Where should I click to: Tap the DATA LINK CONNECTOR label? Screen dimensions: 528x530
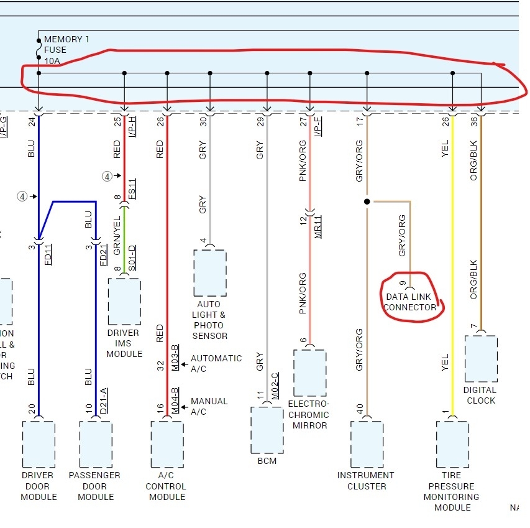pyautogui.click(x=410, y=302)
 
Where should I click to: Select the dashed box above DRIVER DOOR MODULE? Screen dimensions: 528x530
pyautogui.click(x=39, y=445)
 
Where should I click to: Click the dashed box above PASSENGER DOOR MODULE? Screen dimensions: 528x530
pyautogui.click(x=96, y=445)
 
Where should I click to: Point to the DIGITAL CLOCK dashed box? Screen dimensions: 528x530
pyautogui.click(x=480, y=359)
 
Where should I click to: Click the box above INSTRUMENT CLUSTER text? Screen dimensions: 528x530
pyautogui.click(x=367, y=445)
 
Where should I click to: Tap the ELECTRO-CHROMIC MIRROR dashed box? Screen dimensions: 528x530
pyautogui.click(x=309, y=373)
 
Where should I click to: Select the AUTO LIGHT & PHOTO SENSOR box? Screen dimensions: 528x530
pyautogui.click(x=210, y=273)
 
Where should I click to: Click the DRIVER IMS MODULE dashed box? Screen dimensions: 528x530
pyautogui.click(x=124, y=302)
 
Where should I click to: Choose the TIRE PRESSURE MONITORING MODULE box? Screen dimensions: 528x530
pyautogui.click(x=452, y=445)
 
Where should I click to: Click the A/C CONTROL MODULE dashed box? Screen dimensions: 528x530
pyautogui.click(x=167, y=445)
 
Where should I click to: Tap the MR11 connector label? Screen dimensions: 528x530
pyautogui.click(x=318, y=228)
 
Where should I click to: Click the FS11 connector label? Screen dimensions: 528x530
pyautogui.click(x=132, y=189)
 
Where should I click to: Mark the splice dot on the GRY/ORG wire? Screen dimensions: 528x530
pyautogui.click(x=367, y=201)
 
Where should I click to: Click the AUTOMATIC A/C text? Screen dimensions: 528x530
pyautogui.click(x=216, y=363)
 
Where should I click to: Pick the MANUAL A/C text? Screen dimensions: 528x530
pyautogui.click(x=209, y=406)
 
